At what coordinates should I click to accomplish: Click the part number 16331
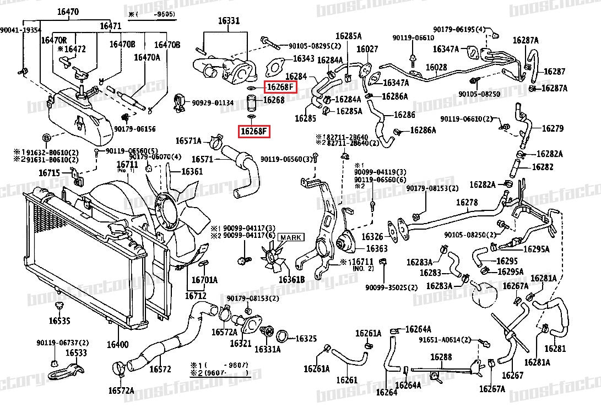pos(229,21)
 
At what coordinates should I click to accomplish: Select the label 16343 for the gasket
pos(304,58)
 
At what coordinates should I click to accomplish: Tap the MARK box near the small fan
pos(291,237)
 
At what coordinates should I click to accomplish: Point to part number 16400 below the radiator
pos(117,345)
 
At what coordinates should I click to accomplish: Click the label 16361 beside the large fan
pos(192,172)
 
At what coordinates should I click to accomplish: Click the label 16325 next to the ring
pos(306,338)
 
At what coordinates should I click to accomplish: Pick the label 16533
pos(77,353)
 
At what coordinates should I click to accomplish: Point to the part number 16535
pos(59,321)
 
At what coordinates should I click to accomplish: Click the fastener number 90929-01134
pos(213,102)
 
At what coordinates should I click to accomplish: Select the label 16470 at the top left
pos(68,12)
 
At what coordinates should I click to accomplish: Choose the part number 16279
pos(553,128)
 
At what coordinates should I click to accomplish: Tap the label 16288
pos(441,357)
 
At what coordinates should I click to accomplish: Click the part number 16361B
pos(291,280)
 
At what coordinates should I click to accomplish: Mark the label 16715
pos(49,173)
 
